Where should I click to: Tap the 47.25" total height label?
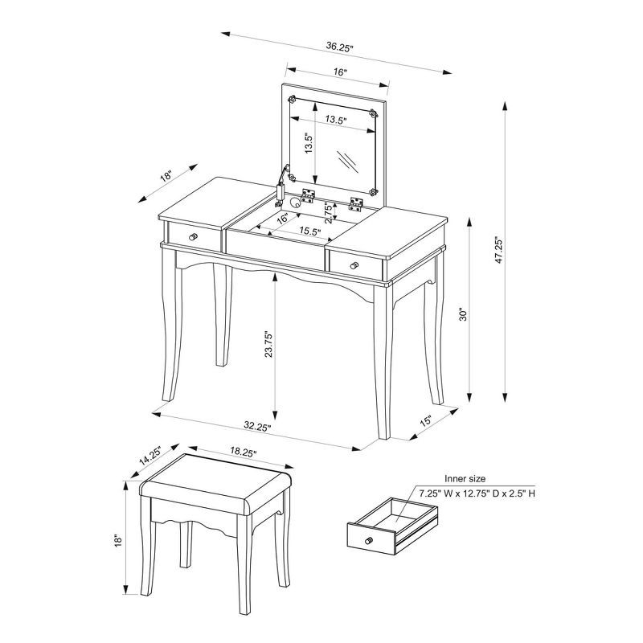(498, 250)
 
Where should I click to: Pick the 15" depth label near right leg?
(425, 421)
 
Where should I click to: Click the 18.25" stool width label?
(242, 453)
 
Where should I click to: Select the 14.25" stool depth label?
(150, 456)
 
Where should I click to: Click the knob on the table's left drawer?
(194, 237)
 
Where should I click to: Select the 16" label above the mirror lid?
(339, 72)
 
